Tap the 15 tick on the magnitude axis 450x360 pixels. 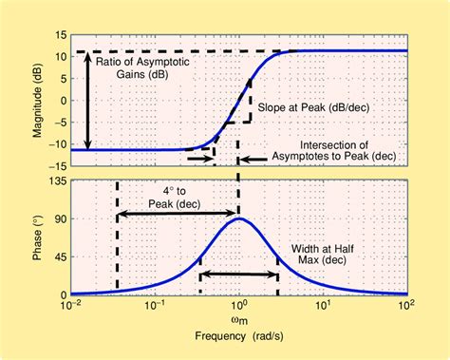60,33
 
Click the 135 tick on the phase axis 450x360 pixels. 56,180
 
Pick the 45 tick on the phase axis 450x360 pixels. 60,256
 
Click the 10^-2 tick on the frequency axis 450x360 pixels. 71,307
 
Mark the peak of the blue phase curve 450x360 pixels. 239,218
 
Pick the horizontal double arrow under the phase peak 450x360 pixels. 238,275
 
